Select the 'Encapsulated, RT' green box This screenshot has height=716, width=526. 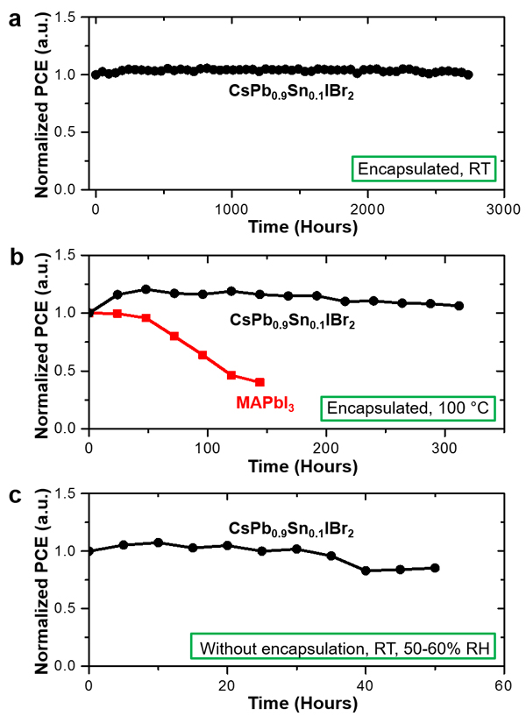tap(424, 169)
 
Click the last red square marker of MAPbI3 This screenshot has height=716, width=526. tap(260, 382)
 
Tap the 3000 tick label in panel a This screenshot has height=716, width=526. tap(502, 209)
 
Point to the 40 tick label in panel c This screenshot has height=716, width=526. tap(365, 684)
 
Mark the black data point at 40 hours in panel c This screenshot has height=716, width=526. tap(366, 571)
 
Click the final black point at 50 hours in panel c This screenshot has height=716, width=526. tap(435, 568)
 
